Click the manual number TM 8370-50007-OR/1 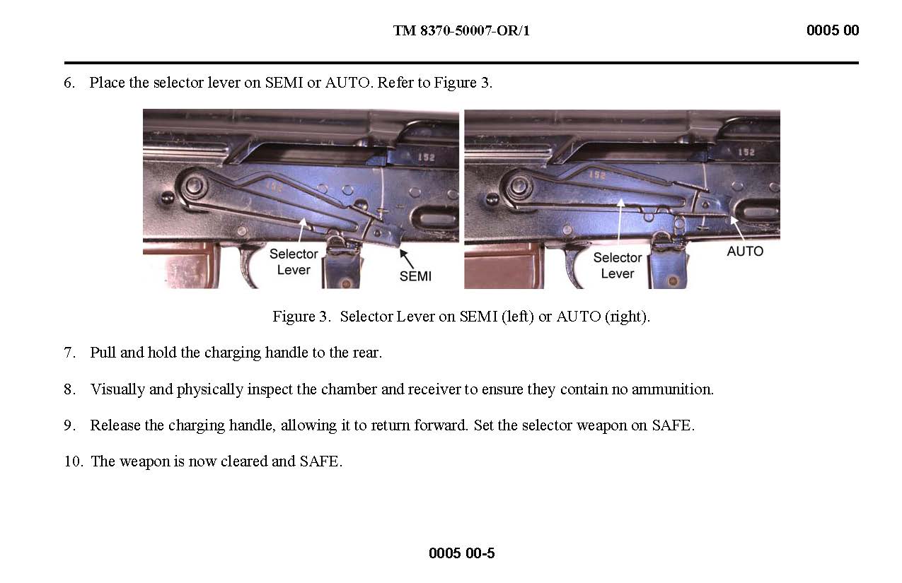coord(461,30)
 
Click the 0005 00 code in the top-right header coord(833,30)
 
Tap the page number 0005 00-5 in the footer coord(461,553)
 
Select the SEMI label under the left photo coord(415,276)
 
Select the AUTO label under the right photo coord(745,251)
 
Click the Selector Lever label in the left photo coord(294,261)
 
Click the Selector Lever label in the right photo coord(618,265)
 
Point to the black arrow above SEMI coord(407,259)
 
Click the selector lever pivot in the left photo coord(195,186)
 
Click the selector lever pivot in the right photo coord(519,187)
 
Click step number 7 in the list coord(69,353)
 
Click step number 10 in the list coord(74,461)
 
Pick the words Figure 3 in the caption coord(301,317)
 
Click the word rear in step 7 coord(367,353)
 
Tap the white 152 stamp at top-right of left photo coord(427,157)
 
